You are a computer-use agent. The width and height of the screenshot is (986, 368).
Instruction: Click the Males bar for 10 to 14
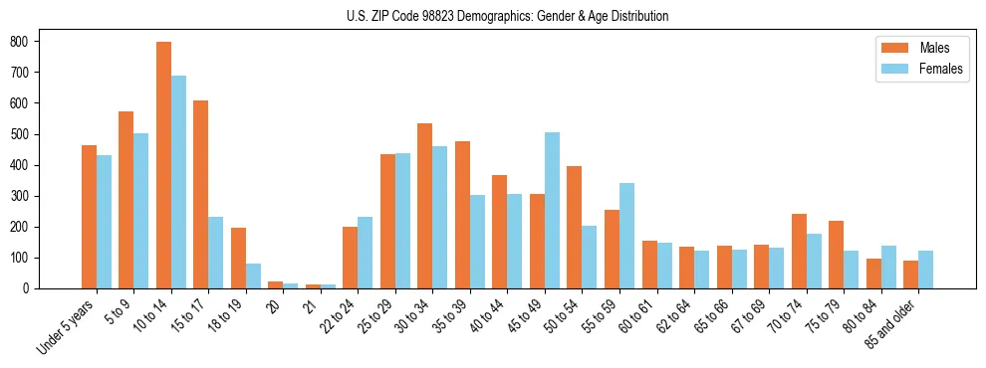tap(163, 165)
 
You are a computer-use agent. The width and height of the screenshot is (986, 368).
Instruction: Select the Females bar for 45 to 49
tap(552, 210)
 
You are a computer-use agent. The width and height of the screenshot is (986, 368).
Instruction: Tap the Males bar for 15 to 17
tap(201, 194)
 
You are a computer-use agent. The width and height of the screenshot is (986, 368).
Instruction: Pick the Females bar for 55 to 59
tap(626, 236)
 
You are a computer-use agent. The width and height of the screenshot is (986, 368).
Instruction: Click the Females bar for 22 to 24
tap(366, 253)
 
